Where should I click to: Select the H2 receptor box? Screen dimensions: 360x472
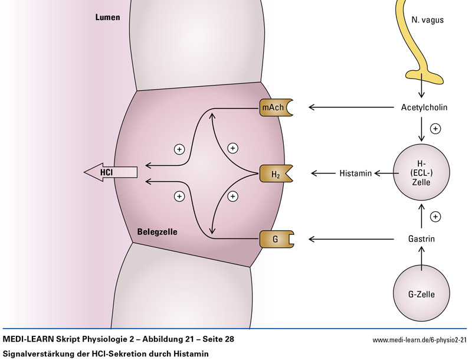274,173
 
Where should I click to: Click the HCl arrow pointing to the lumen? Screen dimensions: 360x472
110,172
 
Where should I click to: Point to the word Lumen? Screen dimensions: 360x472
107,18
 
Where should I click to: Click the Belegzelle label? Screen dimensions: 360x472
158,232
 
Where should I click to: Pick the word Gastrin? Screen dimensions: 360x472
421,240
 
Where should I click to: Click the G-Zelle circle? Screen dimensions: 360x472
421,293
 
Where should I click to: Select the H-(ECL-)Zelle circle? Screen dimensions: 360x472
421,173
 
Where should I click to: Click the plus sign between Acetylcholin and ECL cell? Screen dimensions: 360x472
436,128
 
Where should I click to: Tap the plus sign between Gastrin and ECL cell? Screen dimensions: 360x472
436,217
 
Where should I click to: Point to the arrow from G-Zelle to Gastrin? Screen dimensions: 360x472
421,257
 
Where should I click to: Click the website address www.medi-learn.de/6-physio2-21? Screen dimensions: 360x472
419,341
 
